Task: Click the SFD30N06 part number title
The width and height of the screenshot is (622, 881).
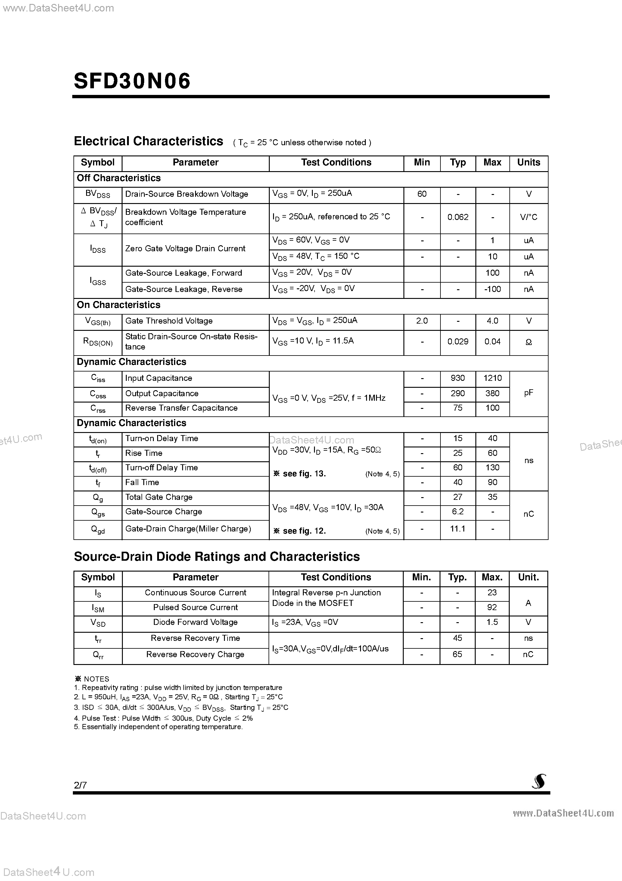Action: pos(132,81)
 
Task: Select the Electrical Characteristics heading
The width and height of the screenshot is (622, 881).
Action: pos(148,141)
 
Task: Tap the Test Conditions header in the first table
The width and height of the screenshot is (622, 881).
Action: pos(336,163)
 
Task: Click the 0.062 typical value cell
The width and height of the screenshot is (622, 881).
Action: pos(458,217)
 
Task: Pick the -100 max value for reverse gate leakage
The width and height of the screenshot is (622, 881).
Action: pos(492,289)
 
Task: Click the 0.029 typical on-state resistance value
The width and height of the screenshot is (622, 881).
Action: pos(458,341)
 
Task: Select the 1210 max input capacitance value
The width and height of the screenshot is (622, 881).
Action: pos(492,378)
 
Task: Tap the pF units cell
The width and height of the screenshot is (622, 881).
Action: pos(528,393)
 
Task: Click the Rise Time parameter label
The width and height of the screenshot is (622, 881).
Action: pos(144,453)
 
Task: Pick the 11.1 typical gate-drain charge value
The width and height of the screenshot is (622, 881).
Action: pos(458,529)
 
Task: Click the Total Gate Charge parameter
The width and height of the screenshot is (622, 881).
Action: pos(159,497)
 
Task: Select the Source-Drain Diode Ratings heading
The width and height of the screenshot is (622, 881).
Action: pos(217,557)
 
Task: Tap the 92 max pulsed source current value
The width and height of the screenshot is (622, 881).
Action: pos(492,607)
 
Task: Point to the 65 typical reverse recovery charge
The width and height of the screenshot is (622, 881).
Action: pos(458,655)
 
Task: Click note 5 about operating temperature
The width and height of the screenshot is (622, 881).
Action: pos(158,727)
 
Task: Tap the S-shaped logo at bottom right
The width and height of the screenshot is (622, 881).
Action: pos(539,782)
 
